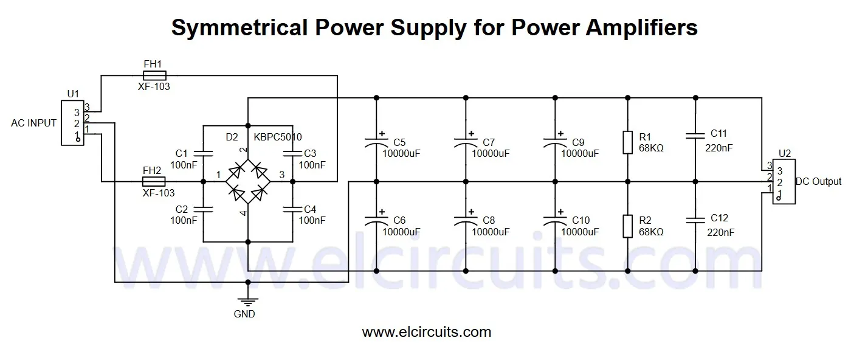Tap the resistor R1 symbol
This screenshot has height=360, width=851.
tap(628, 142)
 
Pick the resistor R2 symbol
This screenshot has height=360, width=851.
tap(628, 226)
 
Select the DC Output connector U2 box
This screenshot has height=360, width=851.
tap(783, 181)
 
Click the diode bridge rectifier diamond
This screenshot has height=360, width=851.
tap(247, 182)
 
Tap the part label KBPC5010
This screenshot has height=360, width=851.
tap(278, 137)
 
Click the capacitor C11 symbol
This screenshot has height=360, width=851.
tap(695, 139)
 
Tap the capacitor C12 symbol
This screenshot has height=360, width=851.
tap(695, 222)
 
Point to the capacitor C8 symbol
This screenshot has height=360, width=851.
tap(466, 222)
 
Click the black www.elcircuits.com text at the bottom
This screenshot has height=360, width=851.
tap(426, 332)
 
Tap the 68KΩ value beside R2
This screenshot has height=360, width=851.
tap(651, 232)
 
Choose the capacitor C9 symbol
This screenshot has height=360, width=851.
tap(554, 142)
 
